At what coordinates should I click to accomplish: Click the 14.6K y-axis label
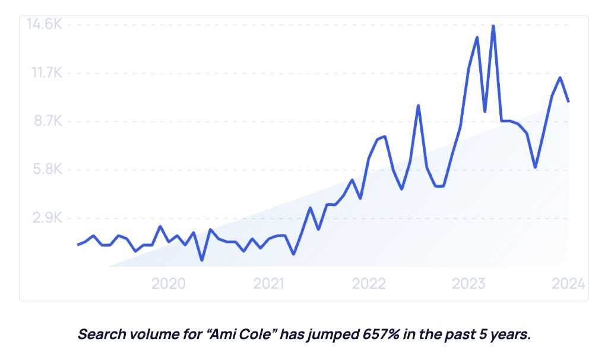tap(45, 25)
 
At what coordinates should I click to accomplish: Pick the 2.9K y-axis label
tap(47, 219)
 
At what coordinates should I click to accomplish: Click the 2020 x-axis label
tap(169, 283)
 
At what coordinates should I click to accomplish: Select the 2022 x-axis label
tap(369, 283)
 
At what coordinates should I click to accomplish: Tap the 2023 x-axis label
tap(469, 283)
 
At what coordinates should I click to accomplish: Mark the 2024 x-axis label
tap(568, 283)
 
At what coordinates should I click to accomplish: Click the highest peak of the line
tap(493, 26)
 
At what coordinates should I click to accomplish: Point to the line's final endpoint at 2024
tap(569, 102)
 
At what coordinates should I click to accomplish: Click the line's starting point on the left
tap(78, 244)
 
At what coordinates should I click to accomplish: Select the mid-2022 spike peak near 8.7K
tap(419, 106)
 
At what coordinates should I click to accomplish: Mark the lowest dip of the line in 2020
tap(202, 260)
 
